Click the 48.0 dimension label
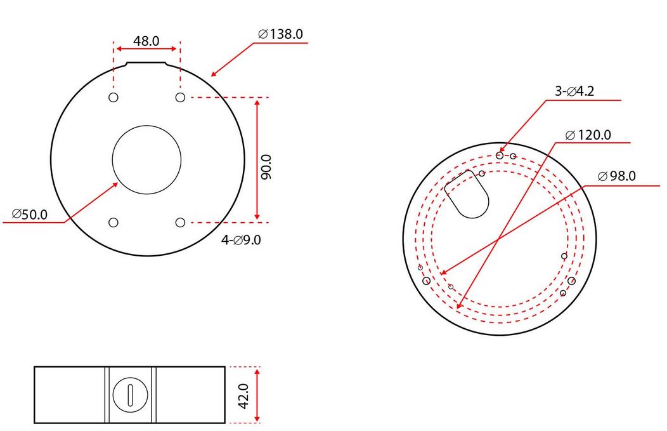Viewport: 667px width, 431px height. click(x=146, y=41)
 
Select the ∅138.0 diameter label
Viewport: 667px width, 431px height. click(x=280, y=34)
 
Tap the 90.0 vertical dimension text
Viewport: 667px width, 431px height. click(x=266, y=168)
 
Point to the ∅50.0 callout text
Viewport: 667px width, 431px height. click(x=29, y=215)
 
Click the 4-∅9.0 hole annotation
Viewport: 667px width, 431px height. click(x=241, y=241)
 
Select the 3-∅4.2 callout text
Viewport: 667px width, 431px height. click(x=574, y=91)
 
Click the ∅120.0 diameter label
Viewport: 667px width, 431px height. click(x=588, y=135)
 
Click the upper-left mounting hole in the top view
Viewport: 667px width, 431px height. click(x=113, y=97)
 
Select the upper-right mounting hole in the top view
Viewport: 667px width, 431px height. click(x=180, y=97)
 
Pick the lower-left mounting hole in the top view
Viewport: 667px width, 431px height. click(x=113, y=222)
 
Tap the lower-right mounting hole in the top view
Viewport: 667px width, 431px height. click(x=180, y=222)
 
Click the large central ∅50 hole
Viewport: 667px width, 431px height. click(x=146, y=159)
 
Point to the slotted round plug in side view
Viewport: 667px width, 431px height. click(x=129, y=395)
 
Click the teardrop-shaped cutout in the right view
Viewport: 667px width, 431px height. click(x=469, y=194)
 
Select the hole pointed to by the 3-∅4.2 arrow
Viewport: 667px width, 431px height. click(x=500, y=155)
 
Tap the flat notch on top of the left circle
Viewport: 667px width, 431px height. click(x=146, y=63)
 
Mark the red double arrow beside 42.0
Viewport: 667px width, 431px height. click(x=257, y=394)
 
